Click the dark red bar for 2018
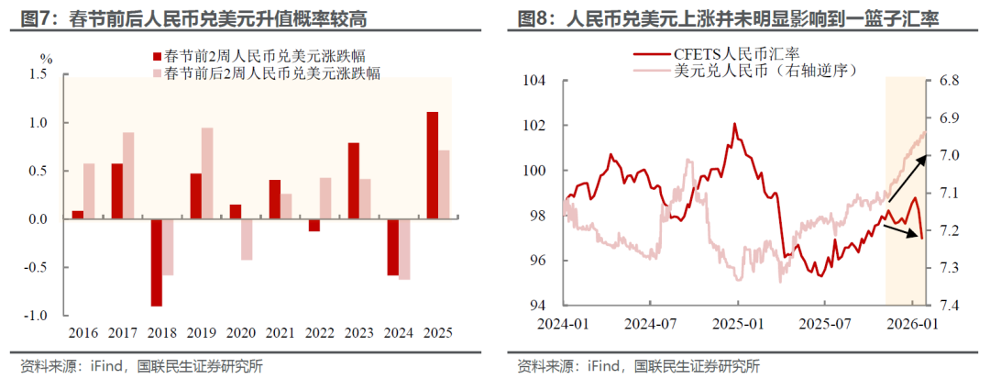pos(157,262)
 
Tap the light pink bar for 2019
pos(207,173)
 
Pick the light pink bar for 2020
pos(247,240)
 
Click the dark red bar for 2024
pos(393,247)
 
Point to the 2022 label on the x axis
pos(320,333)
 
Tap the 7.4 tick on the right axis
pos(948,305)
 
